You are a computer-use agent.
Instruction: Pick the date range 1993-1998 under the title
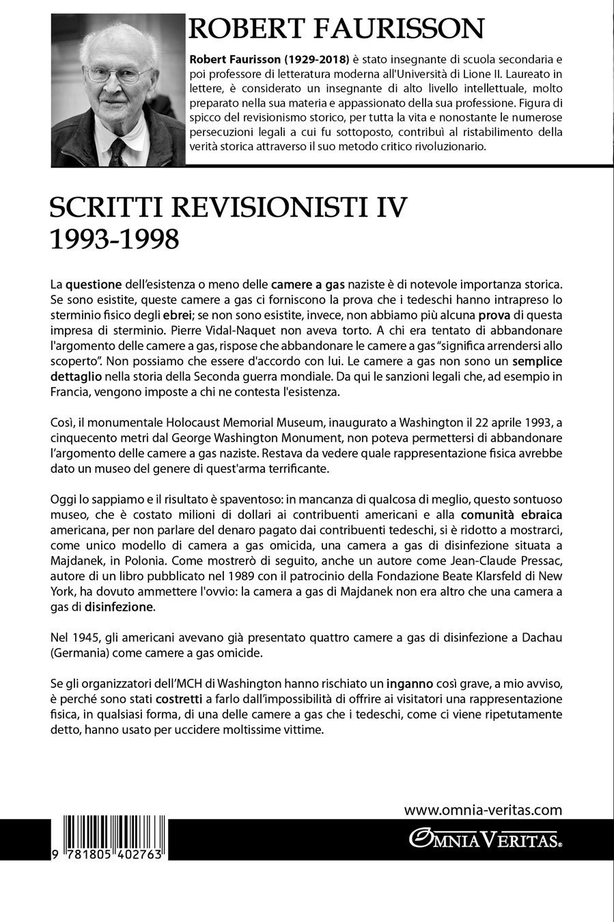point(115,239)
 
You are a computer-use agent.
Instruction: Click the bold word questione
point(94,284)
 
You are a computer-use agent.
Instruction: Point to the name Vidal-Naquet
point(193,330)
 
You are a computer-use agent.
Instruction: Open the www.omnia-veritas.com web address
point(483,811)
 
